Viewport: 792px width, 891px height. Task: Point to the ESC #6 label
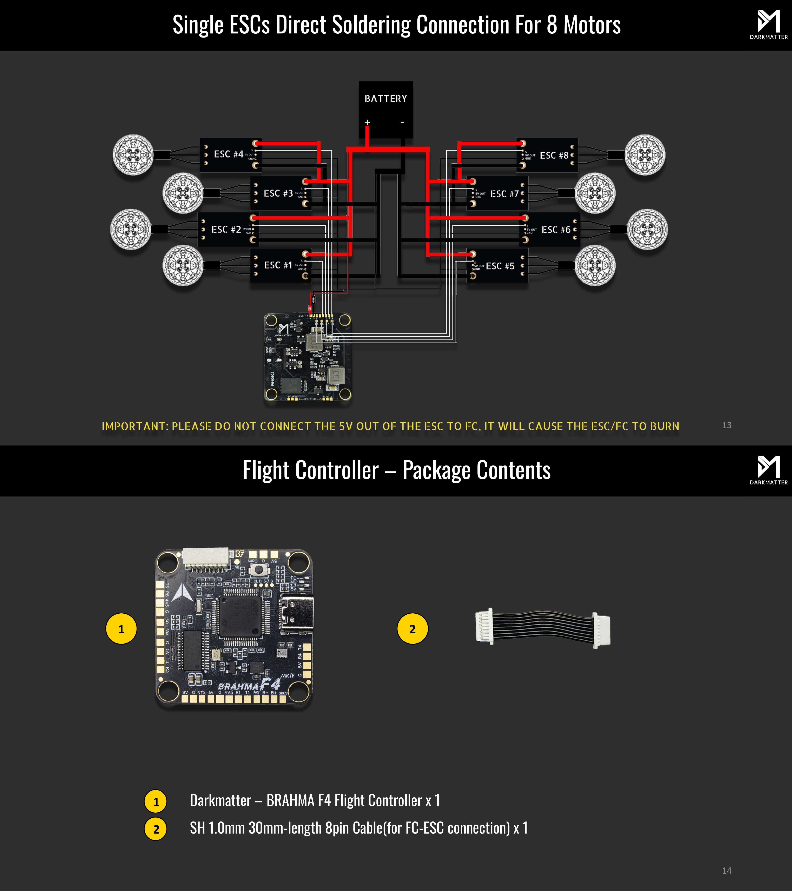coord(556,230)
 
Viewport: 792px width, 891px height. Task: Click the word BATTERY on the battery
coord(386,99)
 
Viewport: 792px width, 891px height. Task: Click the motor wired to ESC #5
coord(595,265)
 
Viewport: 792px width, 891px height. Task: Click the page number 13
coord(727,425)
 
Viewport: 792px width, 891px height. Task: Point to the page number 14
coord(727,871)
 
